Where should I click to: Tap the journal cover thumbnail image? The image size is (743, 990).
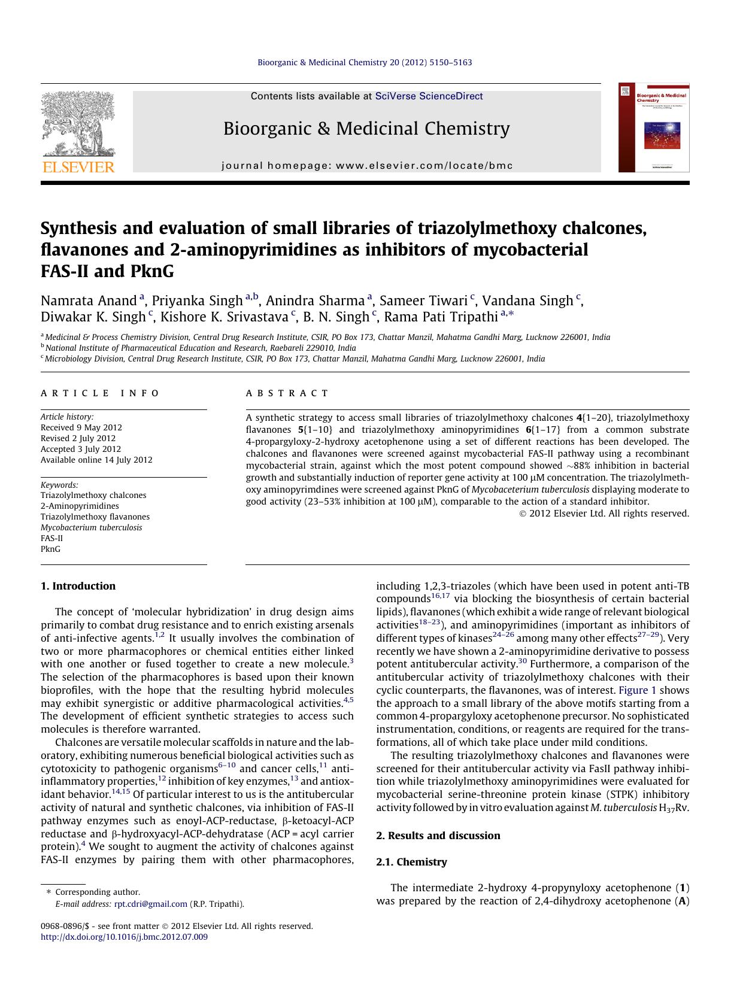pyautogui.click(x=654, y=128)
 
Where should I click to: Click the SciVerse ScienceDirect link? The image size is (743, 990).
pyautogui.click(x=429, y=96)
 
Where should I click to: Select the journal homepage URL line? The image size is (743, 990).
pyautogui.click(x=367, y=166)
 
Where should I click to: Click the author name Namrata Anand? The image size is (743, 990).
pyautogui.click(x=89, y=300)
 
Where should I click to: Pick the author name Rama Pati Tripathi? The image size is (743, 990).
pyautogui.click(x=441, y=317)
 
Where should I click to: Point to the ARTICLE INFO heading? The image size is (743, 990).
pyautogui.click(x=100, y=393)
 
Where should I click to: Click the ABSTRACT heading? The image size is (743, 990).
pyautogui.click(x=287, y=393)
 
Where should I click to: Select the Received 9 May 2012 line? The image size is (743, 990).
pyautogui.click(x=81, y=427)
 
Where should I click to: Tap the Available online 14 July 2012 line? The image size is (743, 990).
pyautogui.click(x=96, y=460)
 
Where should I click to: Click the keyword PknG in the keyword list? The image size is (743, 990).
pyautogui.click(x=50, y=549)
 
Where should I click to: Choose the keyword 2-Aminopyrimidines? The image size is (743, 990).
pyautogui.click(x=80, y=506)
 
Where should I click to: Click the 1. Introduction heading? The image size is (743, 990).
pyautogui.click(x=78, y=586)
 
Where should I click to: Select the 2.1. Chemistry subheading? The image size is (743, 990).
pyautogui.click(x=411, y=862)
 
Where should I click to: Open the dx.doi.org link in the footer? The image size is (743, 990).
pyautogui.click(x=124, y=937)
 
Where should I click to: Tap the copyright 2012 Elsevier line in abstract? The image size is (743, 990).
pyautogui.click(x=604, y=513)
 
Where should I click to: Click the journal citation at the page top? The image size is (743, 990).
pyautogui.click(x=364, y=62)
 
